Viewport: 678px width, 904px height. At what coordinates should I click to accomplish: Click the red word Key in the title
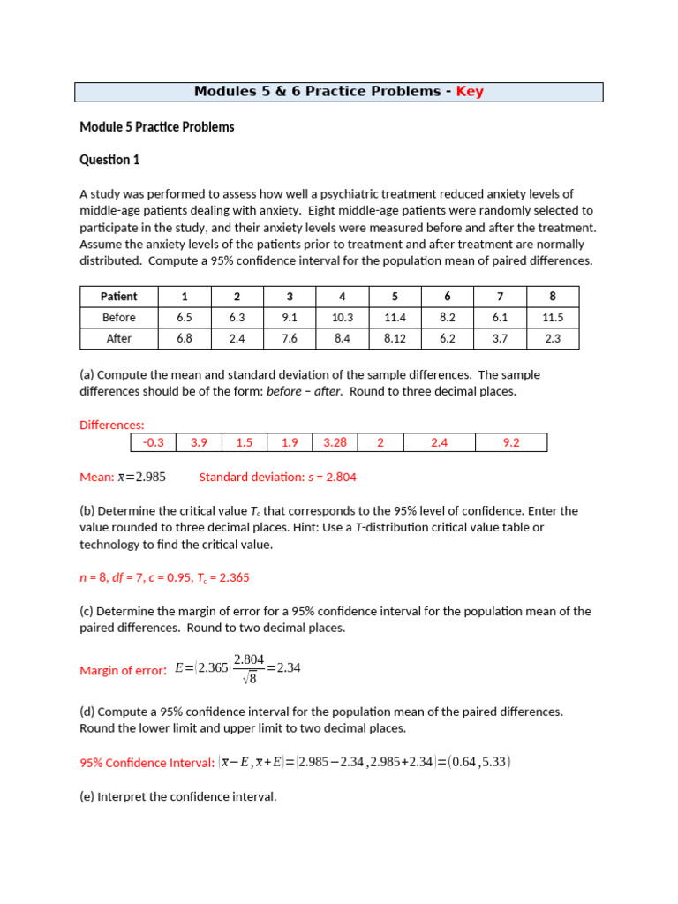470,92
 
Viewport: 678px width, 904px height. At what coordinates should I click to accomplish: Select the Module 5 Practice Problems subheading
157,127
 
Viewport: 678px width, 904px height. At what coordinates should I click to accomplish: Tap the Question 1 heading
109,160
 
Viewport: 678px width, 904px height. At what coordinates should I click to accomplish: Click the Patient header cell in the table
118,296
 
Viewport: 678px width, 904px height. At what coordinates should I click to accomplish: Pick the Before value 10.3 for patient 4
342,317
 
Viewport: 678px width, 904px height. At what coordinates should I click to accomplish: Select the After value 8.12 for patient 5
395,338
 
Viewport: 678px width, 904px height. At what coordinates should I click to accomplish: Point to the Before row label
118,317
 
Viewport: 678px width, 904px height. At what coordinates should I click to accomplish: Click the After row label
118,338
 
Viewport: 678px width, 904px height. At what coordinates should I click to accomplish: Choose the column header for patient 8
553,296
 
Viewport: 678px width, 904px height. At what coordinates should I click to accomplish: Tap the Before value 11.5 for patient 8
553,317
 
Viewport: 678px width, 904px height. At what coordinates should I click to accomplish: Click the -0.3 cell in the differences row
154,442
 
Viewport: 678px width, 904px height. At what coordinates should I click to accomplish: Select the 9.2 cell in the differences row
511,442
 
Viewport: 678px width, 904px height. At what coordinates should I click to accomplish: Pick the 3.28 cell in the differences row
335,442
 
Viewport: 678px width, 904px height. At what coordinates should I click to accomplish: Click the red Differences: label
112,425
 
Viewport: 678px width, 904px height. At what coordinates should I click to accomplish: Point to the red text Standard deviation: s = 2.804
277,477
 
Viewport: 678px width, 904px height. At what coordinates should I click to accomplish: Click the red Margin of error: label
123,670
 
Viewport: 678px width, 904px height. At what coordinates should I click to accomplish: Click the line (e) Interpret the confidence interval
178,796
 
